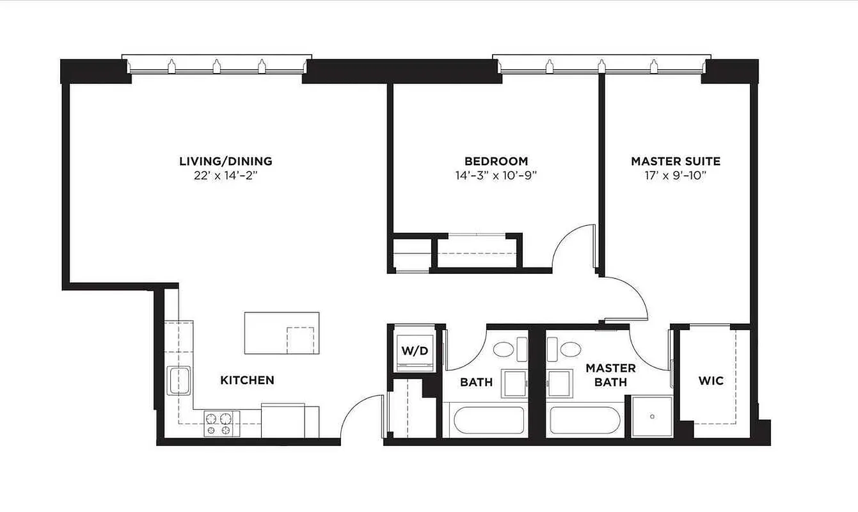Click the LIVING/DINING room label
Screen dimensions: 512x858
225,161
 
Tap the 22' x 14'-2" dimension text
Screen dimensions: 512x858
225,175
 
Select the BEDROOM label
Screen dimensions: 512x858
496,161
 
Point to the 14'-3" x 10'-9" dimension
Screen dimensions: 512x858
496,175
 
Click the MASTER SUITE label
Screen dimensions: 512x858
675,161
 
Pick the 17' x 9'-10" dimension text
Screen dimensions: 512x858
675,175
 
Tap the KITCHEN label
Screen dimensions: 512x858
247,380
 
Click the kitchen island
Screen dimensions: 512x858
282,333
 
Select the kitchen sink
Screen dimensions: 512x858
178,381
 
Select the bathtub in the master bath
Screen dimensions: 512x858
585,420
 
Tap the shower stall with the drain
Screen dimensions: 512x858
652,417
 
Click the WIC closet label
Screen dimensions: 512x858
711,381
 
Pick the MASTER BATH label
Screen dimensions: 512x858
610,375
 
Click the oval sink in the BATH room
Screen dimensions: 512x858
504,349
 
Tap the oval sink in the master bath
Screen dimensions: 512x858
570,349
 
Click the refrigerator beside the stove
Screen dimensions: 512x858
290,420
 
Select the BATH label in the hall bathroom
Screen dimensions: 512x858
476,382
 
